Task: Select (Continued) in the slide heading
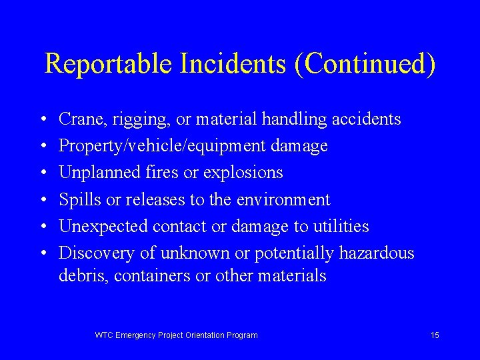(363, 64)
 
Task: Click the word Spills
(76, 200)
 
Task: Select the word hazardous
(377, 253)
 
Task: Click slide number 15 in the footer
(435, 335)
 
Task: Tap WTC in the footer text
(105, 335)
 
